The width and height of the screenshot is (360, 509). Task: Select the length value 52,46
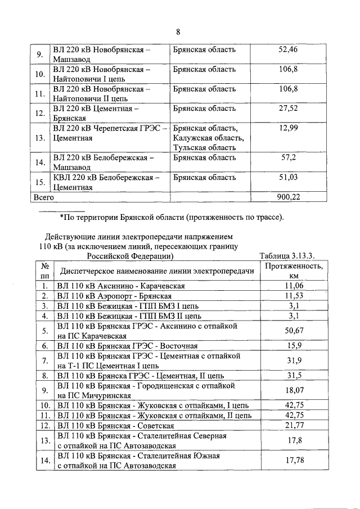pyautogui.click(x=288, y=50)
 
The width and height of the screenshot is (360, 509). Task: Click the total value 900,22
pyautogui.click(x=290, y=197)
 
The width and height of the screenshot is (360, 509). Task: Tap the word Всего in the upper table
pyautogui.click(x=44, y=197)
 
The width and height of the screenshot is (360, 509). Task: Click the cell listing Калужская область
pyautogui.click(x=208, y=138)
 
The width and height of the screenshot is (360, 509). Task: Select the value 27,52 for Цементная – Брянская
pyautogui.click(x=288, y=108)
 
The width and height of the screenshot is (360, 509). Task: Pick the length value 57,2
pyautogui.click(x=289, y=159)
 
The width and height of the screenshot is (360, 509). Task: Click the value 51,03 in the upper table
pyautogui.click(x=288, y=178)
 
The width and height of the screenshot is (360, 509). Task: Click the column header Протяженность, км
pyautogui.click(x=294, y=271)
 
